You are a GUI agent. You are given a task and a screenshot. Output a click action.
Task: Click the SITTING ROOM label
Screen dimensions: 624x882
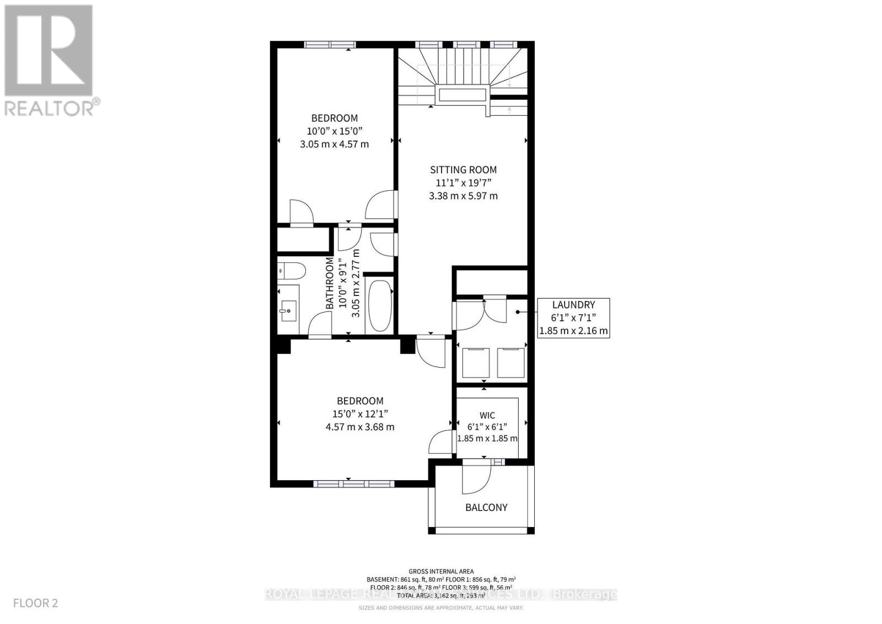pos(463,170)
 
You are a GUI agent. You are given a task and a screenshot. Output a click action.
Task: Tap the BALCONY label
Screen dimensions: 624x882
pos(486,507)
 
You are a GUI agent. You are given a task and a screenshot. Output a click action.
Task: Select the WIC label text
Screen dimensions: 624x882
pos(487,415)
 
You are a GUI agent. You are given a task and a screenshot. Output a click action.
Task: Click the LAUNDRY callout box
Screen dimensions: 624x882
pos(573,318)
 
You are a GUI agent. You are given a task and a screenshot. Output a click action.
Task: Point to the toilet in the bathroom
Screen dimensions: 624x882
pos(291,271)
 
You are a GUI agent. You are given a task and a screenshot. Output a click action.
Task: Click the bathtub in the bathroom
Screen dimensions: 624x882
pos(379,305)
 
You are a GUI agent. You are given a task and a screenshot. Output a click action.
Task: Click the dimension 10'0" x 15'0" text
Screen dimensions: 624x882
pos(334,131)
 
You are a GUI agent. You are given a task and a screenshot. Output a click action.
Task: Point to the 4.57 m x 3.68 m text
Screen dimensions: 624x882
pos(360,427)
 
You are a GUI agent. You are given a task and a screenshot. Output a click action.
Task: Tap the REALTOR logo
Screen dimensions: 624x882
pos(50,61)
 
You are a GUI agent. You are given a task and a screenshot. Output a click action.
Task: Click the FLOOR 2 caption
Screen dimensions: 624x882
pos(36,603)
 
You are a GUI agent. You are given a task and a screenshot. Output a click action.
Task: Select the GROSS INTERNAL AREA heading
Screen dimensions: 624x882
pos(441,572)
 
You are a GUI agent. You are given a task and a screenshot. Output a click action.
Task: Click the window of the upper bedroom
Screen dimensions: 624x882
pos(330,45)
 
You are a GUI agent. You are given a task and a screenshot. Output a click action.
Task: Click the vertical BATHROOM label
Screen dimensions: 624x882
pos(330,283)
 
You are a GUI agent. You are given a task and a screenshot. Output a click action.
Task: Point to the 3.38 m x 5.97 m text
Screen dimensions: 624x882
pos(463,196)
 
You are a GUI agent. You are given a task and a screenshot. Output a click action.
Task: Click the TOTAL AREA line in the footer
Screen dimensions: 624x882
pos(441,596)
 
